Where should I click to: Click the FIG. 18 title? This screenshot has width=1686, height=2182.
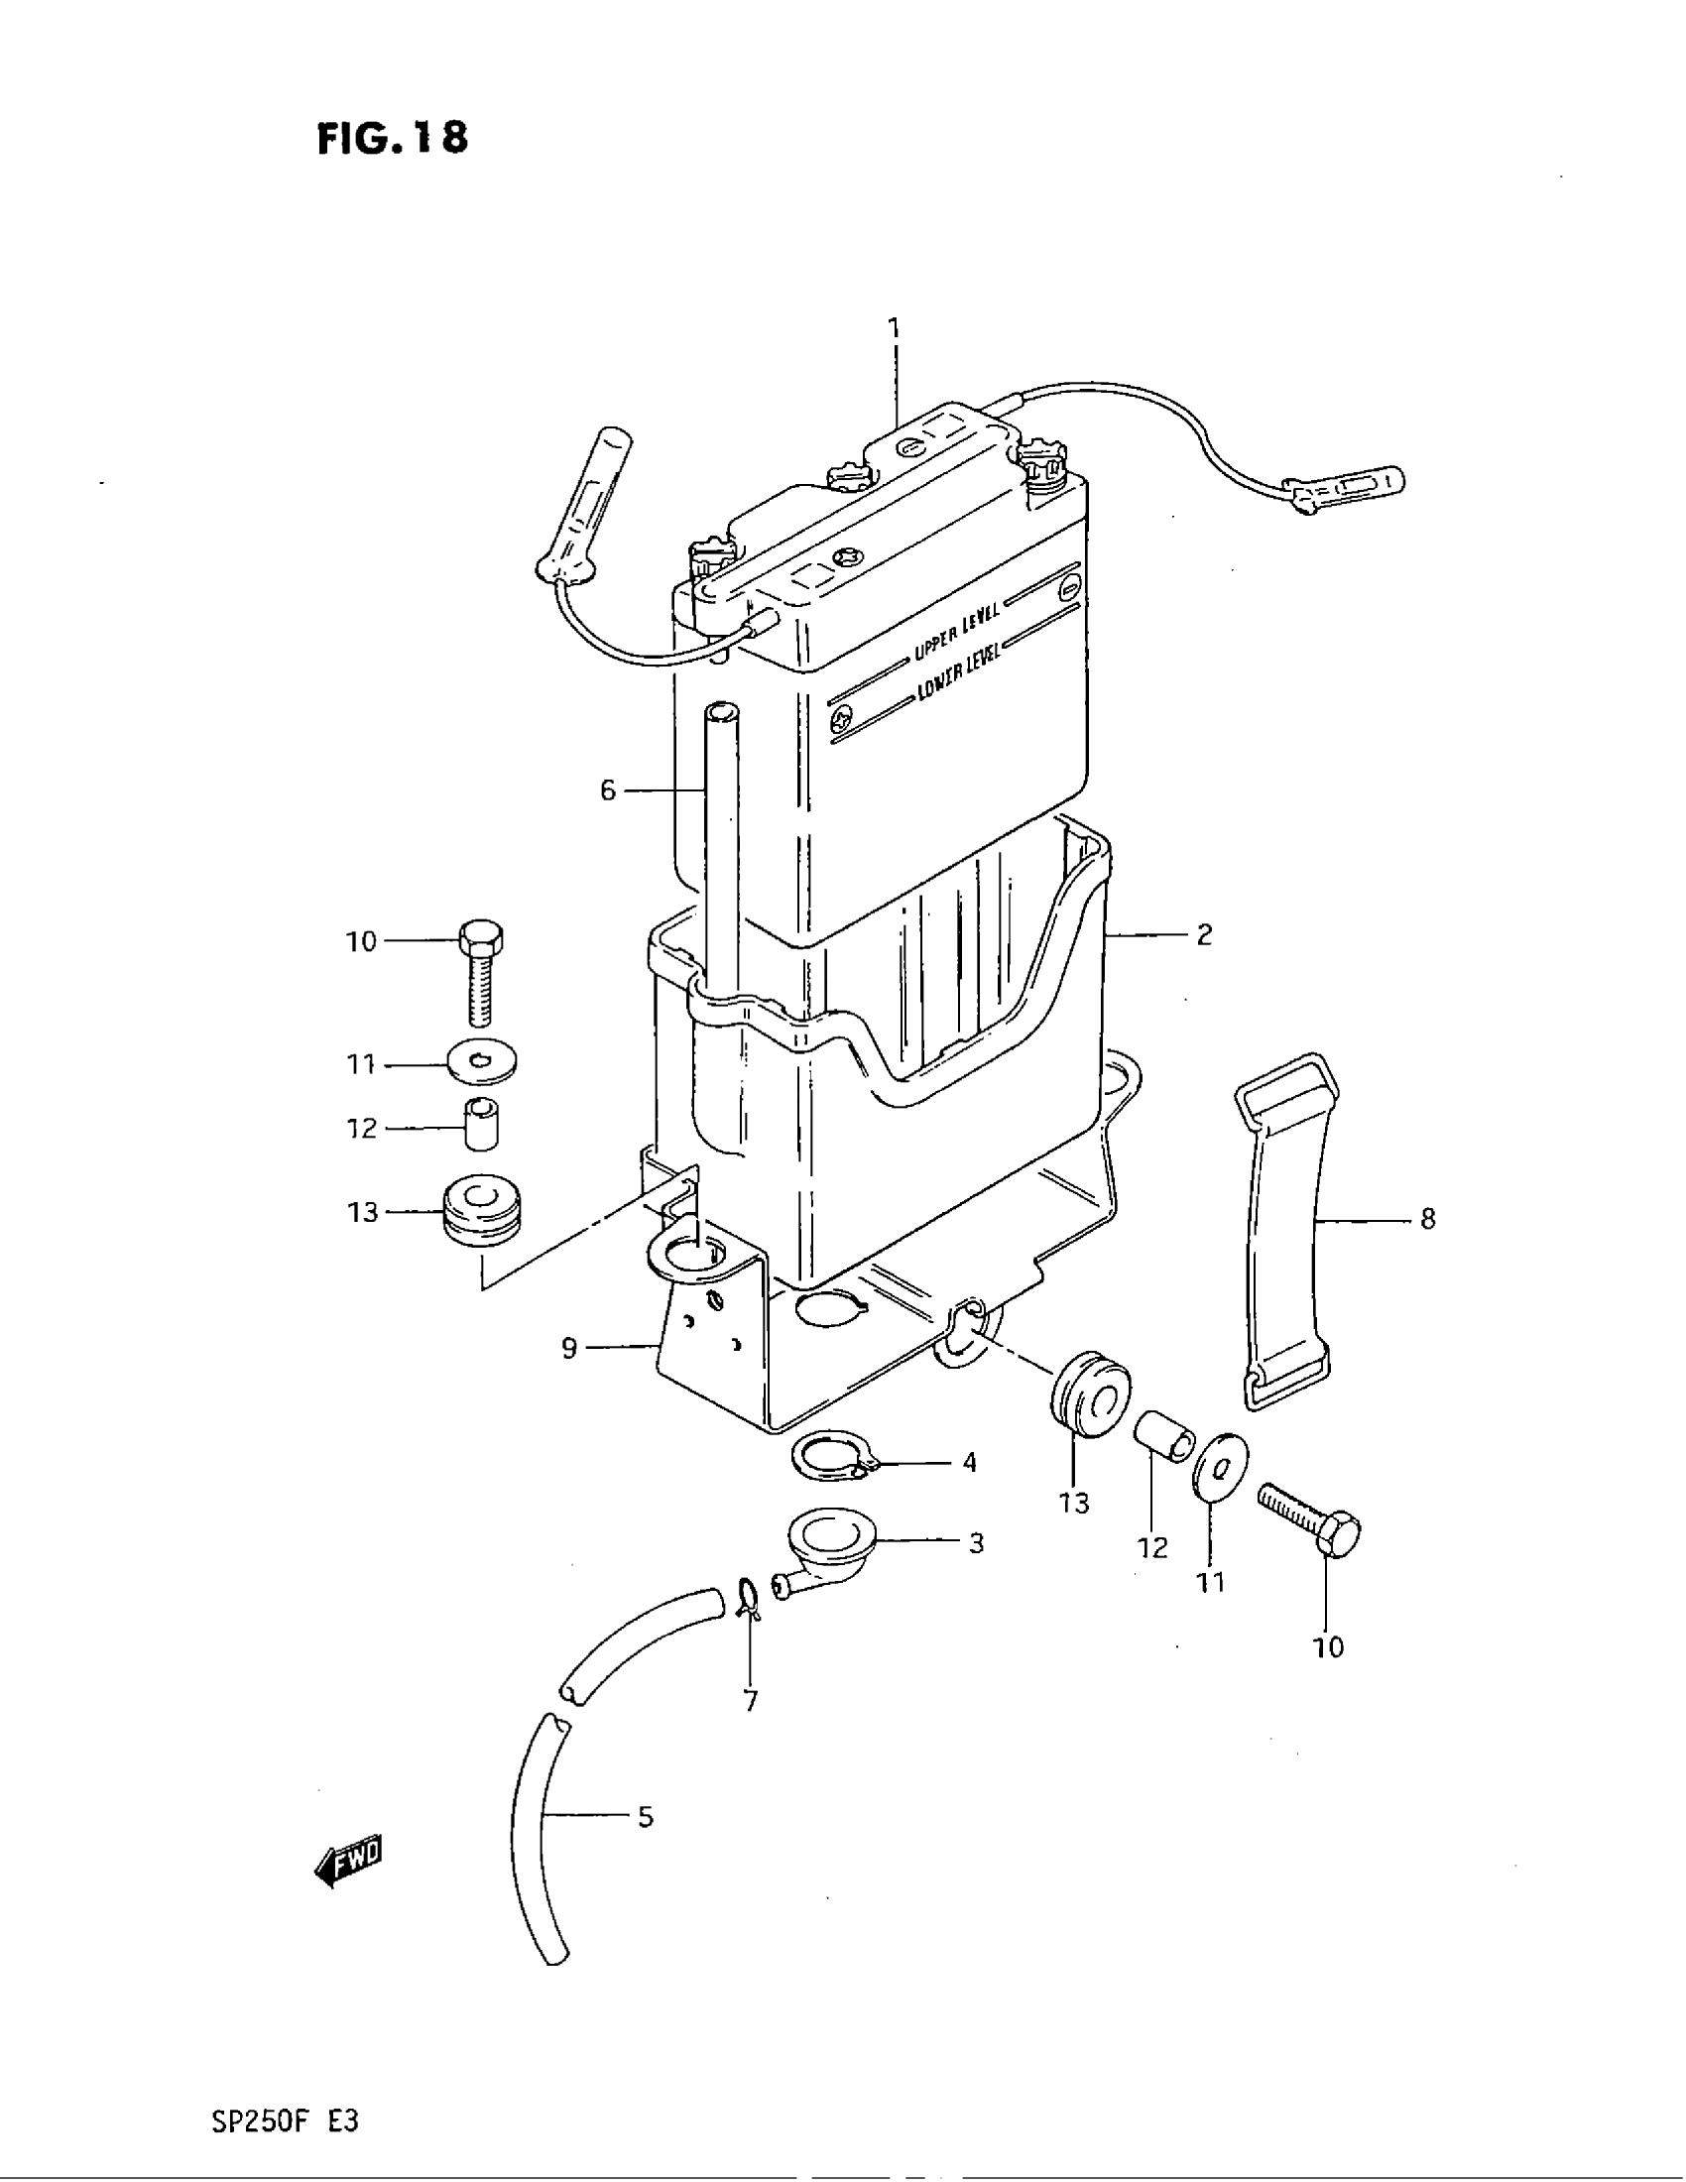tap(393, 138)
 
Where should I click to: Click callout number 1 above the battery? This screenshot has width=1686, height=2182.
tap(894, 327)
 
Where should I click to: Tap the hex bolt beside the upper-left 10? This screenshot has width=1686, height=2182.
tap(480, 970)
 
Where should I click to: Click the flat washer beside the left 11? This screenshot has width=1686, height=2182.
tap(482, 1063)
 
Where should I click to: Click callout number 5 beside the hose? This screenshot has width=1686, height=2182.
tap(646, 1816)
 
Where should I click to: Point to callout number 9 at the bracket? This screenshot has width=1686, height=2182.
tap(568, 1349)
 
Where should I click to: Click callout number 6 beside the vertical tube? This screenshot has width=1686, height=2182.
tap(607, 791)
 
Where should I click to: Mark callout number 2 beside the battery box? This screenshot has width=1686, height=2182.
tap(1204, 935)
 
